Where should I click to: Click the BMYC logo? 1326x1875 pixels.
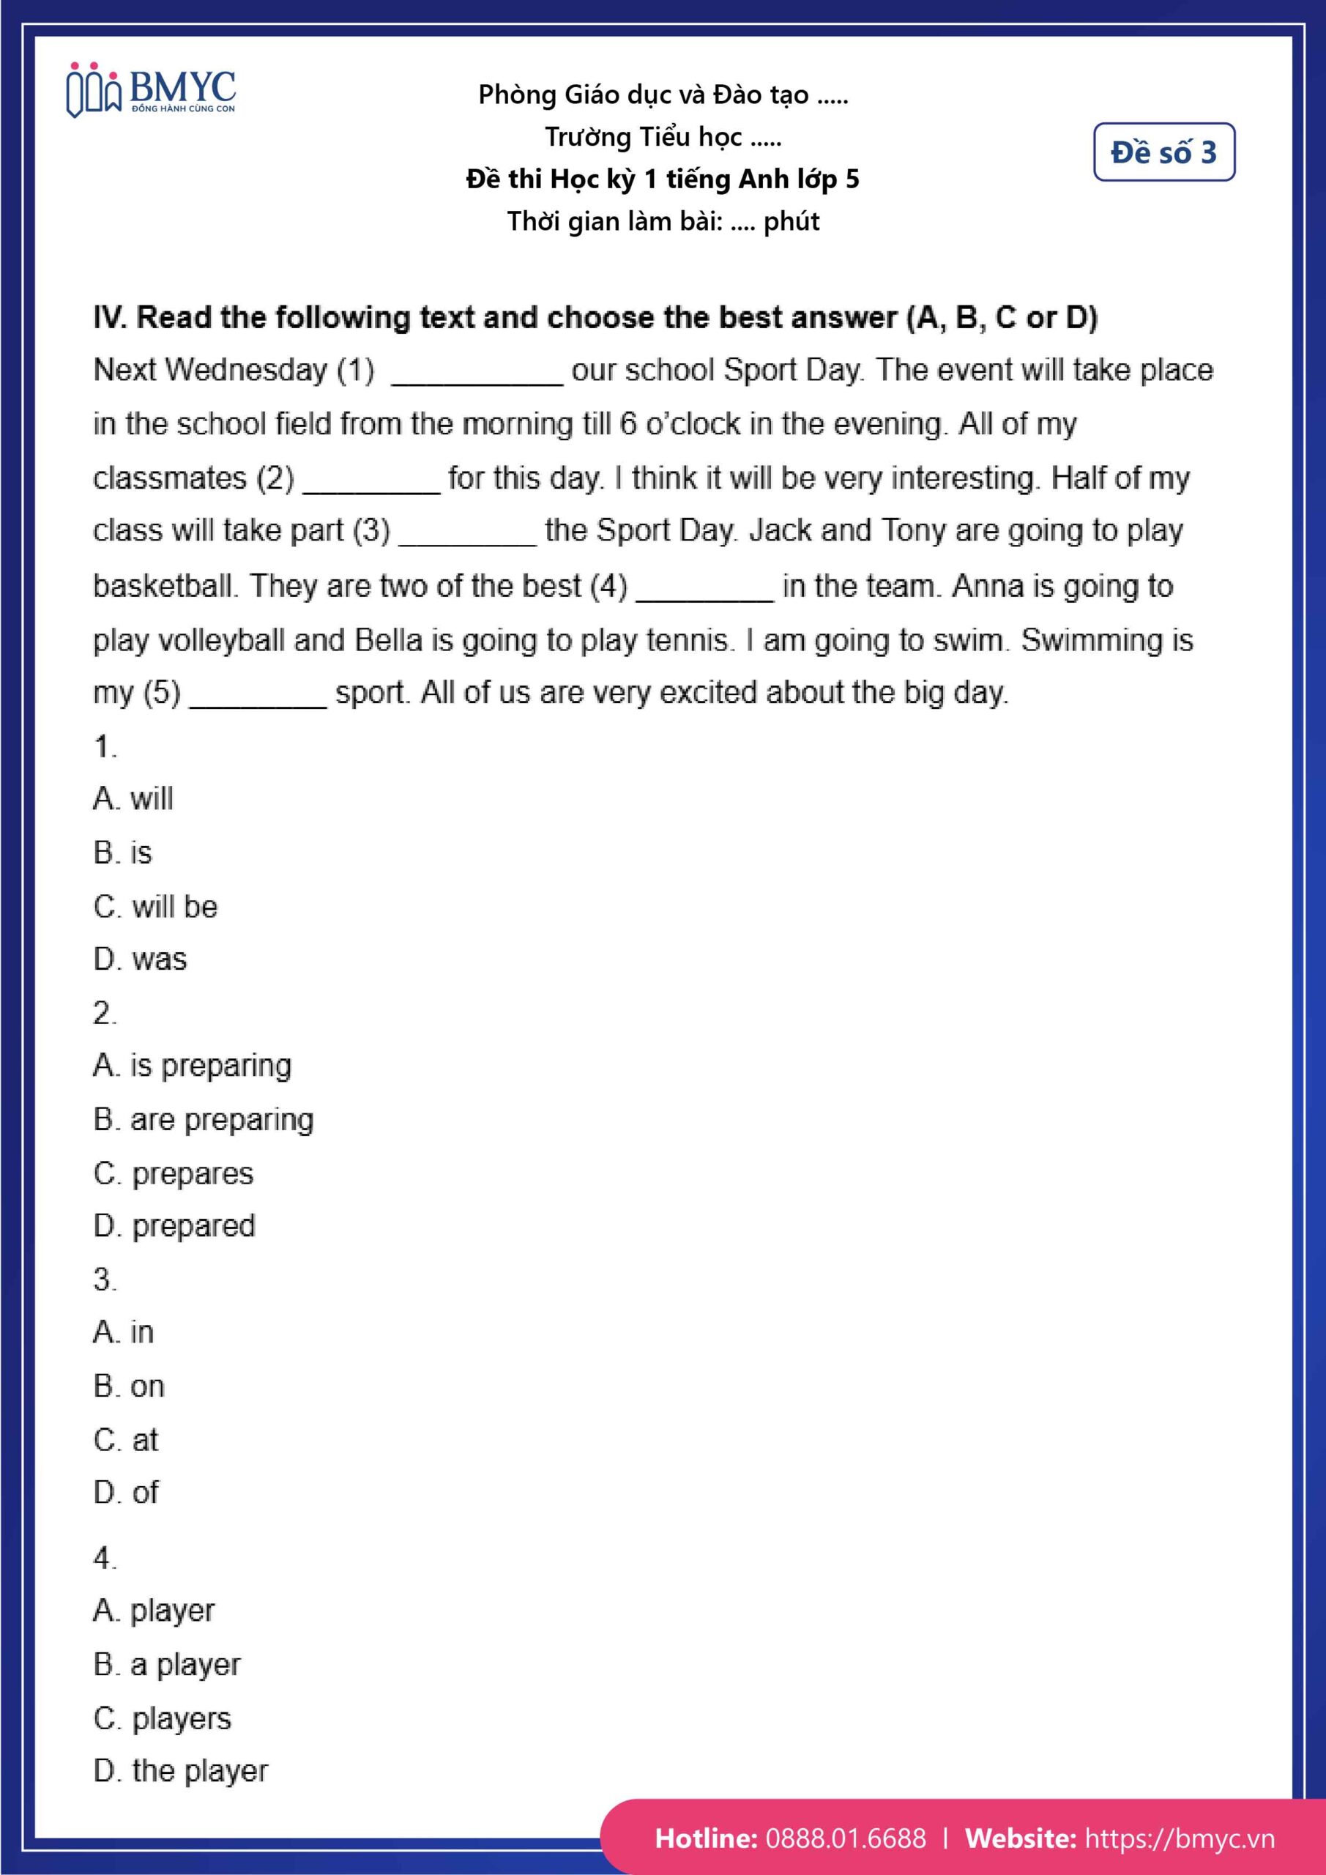click(151, 90)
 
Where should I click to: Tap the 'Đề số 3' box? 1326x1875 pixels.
click(1163, 152)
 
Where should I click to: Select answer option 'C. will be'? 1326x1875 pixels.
click(155, 907)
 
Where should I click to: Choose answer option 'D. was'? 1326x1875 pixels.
click(140, 959)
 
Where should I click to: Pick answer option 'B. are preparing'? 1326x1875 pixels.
click(204, 1120)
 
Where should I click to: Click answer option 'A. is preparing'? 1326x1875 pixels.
click(192, 1066)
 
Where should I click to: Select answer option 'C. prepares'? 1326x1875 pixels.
click(173, 1173)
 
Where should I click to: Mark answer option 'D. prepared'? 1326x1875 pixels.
click(174, 1226)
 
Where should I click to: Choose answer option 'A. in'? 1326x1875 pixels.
click(123, 1332)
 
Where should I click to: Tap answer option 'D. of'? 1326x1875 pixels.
click(126, 1492)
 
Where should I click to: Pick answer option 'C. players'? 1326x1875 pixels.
click(162, 1718)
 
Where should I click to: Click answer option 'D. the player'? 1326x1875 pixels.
click(180, 1771)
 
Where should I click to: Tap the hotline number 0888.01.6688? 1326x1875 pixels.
click(846, 1838)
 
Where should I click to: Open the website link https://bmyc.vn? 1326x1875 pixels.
click(1179, 1838)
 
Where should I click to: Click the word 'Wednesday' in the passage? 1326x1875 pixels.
click(246, 370)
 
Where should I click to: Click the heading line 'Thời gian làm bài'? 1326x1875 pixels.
click(663, 221)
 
